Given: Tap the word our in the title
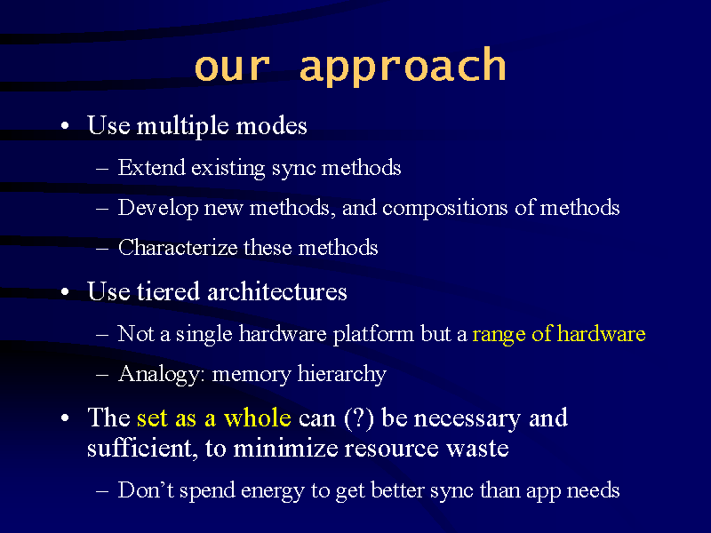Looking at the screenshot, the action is click(232, 68).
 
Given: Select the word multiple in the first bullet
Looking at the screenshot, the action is click(182, 126).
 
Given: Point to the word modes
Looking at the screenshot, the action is click(271, 125).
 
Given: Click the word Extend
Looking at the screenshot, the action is click(151, 167).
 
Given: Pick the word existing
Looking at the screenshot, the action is click(228, 169).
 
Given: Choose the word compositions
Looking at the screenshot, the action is click(445, 209).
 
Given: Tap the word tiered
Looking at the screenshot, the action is click(168, 291).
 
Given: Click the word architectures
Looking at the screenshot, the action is click(277, 291).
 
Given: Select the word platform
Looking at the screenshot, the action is click(373, 335).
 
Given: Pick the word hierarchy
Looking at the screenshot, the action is click(342, 375).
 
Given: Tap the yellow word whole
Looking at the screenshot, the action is click(257, 418).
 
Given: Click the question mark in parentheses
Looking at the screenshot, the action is click(359, 418).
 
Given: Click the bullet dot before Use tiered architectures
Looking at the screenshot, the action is click(65, 292).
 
